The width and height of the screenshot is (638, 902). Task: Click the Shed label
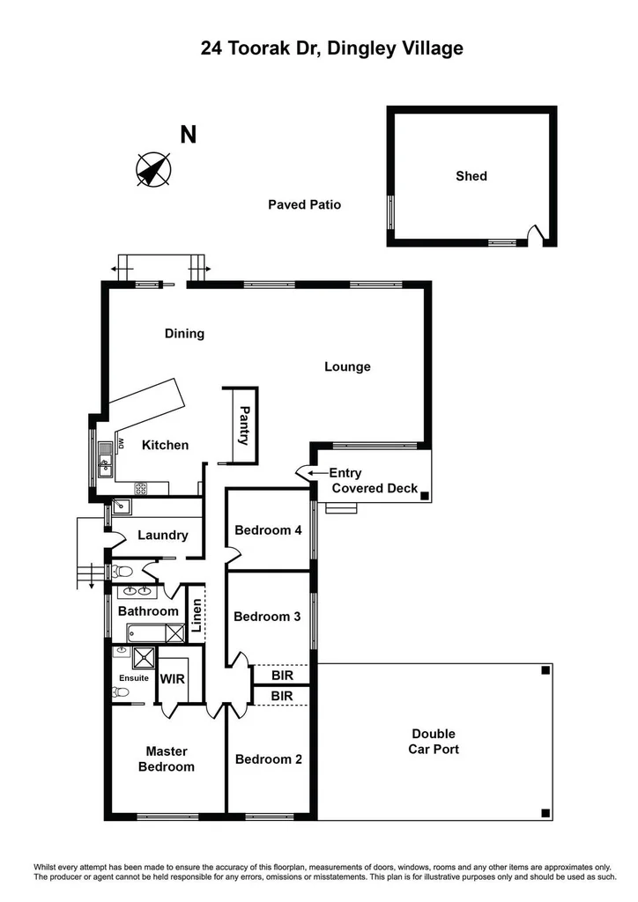tap(471, 176)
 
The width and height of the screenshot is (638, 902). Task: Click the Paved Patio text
tap(304, 204)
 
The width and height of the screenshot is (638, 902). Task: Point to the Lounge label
tap(347, 366)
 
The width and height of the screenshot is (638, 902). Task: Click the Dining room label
tap(185, 334)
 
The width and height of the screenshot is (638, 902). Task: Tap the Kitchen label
tap(166, 445)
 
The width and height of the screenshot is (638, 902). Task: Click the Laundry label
tap(163, 535)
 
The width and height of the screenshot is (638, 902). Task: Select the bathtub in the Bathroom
tap(156, 632)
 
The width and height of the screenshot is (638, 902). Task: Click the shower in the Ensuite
tap(141, 656)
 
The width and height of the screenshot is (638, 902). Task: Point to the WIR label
tap(171, 679)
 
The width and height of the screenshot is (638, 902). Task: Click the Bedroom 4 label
tap(268, 530)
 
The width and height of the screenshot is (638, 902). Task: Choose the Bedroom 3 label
tap(267, 617)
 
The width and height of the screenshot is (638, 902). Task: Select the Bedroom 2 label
tap(268, 758)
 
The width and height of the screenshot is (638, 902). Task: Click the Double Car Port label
tap(433, 741)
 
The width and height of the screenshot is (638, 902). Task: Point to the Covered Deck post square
tap(425, 497)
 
